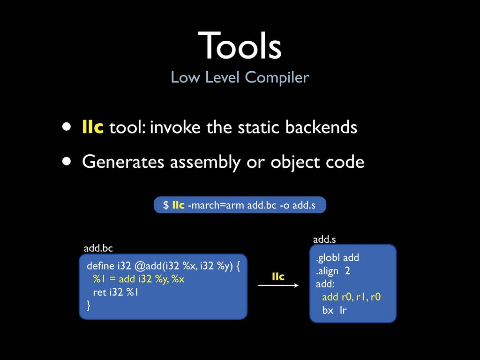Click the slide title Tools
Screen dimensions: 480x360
[240, 45]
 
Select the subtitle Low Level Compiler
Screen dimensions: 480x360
[240, 77]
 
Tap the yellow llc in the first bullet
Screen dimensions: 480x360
[93, 127]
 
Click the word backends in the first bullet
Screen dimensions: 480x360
[321, 127]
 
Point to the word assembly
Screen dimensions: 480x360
[205, 162]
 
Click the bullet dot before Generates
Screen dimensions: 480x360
[67, 161]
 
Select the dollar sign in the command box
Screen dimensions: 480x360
[165, 205]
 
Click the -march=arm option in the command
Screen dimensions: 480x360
[216, 205]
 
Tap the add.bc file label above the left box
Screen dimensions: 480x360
[98, 248]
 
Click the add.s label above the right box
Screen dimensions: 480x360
[324, 239]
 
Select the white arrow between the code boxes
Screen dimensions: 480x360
[278, 285]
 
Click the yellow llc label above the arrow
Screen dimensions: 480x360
[278, 277]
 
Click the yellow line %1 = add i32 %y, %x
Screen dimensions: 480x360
[139, 279]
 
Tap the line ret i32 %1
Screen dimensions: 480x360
[115, 292]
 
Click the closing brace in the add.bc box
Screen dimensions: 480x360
[89, 305]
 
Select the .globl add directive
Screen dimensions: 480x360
[337, 258]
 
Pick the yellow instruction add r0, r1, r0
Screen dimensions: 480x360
[351, 297]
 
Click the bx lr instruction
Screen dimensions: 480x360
[334, 310]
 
